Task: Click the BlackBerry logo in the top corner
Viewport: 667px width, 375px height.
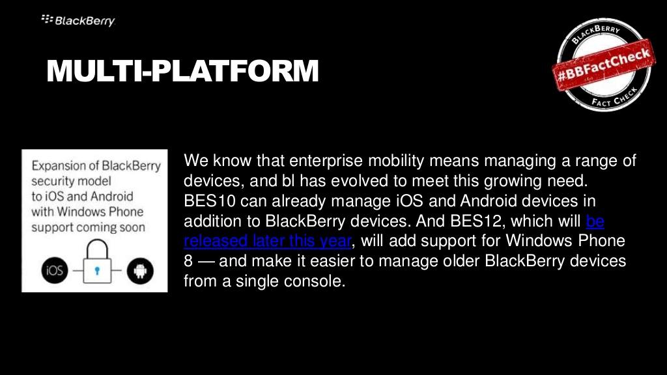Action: click(x=78, y=20)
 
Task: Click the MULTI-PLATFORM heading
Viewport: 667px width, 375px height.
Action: click(x=182, y=70)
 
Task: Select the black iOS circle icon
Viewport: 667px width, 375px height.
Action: click(x=55, y=270)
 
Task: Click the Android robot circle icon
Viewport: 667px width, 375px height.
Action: click(x=141, y=271)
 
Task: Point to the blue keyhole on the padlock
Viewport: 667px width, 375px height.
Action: click(x=97, y=270)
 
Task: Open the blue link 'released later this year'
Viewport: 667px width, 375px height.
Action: click(x=268, y=241)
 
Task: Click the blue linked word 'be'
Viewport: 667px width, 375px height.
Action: click(x=595, y=221)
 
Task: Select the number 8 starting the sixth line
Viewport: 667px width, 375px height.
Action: click(x=188, y=260)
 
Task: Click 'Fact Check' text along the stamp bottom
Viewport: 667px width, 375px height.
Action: click(x=615, y=98)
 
